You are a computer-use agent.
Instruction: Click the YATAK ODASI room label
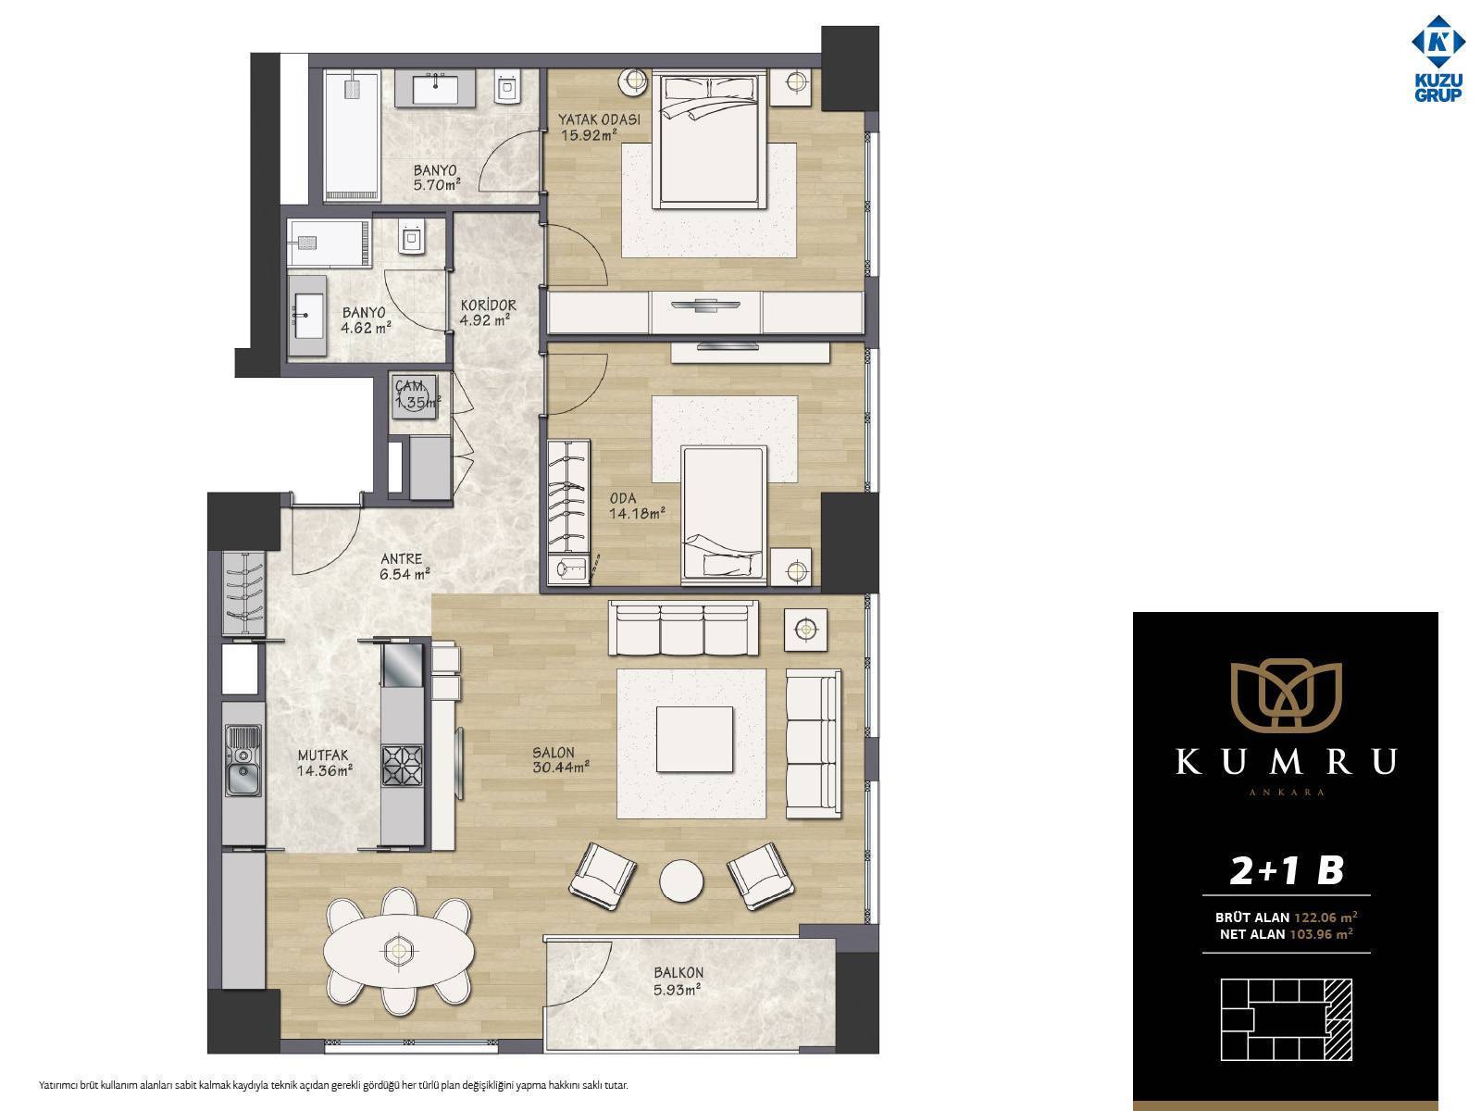coord(599,119)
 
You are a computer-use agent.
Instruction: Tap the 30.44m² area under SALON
coord(561,767)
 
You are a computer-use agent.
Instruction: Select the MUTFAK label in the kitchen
coord(323,755)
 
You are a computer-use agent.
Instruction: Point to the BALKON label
coord(678,973)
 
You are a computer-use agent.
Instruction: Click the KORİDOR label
coord(488,306)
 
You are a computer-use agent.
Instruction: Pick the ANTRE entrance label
coord(401,558)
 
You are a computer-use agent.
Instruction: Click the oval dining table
coord(399,951)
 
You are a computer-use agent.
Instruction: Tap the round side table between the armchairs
coord(680,880)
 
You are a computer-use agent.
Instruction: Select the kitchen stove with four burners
coord(402,765)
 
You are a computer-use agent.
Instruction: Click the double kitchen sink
coord(243,759)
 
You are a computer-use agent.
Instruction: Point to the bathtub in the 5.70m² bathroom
coord(351,135)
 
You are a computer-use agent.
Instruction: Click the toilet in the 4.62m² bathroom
coord(410,236)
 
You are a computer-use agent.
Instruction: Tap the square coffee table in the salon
coord(694,739)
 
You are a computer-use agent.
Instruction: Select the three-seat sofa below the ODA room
coord(683,628)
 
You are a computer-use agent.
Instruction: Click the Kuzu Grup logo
coord(1437,58)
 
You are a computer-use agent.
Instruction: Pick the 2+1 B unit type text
coord(1286,870)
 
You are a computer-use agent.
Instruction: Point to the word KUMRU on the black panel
coord(1286,762)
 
